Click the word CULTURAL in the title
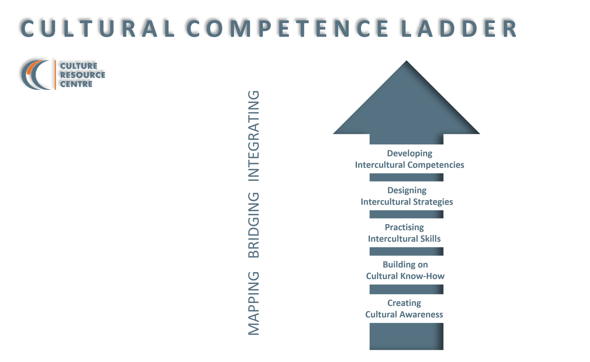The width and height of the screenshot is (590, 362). [98, 29]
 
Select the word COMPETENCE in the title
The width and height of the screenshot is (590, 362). [288, 29]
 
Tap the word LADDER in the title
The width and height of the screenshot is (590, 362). [459, 29]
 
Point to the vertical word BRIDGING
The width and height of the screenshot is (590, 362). [254, 225]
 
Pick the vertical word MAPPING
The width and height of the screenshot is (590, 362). [254, 303]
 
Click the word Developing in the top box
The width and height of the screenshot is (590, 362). [409, 153]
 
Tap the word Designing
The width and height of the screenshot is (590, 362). [407, 190]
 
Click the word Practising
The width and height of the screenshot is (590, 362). [404, 227]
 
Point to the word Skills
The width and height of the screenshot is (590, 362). [430, 239]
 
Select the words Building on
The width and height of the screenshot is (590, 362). [405, 264]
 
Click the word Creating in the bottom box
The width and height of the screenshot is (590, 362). [404, 303]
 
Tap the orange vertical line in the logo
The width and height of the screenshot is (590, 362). [55, 75]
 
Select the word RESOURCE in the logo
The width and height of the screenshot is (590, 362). [83, 75]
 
